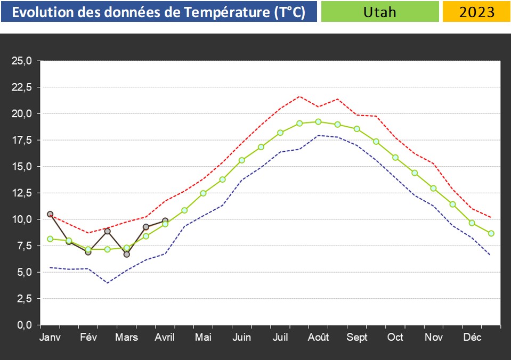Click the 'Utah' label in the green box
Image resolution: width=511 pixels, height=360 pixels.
[x=380, y=12]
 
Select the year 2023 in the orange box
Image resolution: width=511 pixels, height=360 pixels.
[x=476, y=12]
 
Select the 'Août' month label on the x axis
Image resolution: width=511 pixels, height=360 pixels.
[x=319, y=337]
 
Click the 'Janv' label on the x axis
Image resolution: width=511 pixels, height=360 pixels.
[x=50, y=337]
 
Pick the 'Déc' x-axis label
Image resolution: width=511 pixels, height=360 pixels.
[x=472, y=337]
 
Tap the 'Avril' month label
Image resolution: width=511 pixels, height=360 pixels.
[x=165, y=337]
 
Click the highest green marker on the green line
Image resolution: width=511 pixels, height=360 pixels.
[x=319, y=121]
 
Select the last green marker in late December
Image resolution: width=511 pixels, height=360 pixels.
[x=491, y=233]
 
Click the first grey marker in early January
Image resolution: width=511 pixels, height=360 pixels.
[x=50, y=214]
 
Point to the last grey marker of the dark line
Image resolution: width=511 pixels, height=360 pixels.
[x=165, y=220]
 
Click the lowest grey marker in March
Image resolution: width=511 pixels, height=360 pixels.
[x=126, y=254]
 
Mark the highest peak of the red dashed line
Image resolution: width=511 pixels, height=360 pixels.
[x=299, y=96]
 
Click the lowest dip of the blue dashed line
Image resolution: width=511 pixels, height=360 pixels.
[x=107, y=283]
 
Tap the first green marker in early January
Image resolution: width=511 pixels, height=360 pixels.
[x=50, y=239]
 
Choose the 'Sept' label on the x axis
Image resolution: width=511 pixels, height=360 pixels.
[x=357, y=337]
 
